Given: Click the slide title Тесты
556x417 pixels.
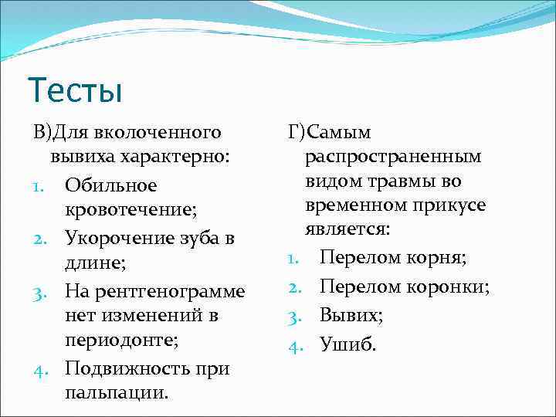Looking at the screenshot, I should [74, 90].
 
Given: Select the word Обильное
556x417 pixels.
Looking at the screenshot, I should [111, 185].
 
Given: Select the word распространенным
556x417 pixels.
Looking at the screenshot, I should [393, 158].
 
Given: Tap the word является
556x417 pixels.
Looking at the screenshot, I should [347, 231].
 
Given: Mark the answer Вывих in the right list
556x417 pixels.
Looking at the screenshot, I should [351, 316].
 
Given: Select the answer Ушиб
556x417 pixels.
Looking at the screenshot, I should [347, 344].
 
